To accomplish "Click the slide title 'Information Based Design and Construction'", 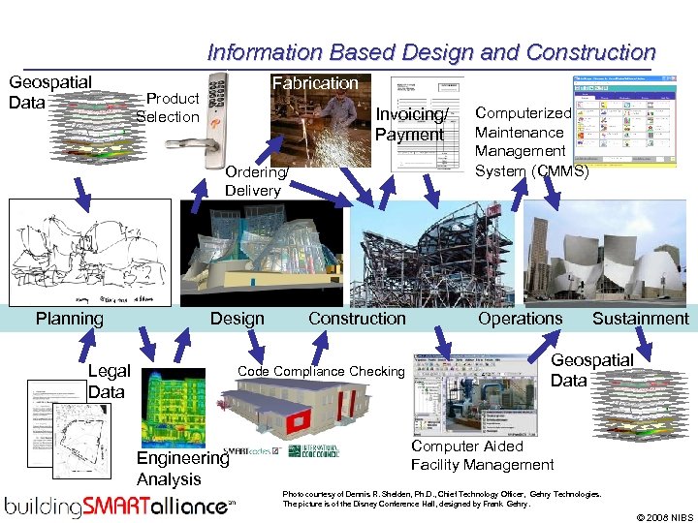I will pyautogui.click(x=431, y=52).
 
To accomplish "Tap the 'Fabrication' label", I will pyautogui.click(x=314, y=83).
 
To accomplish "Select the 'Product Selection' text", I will pyautogui.click(x=168, y=108).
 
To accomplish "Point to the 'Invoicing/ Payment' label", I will pyautogui.click(x=409, y=125).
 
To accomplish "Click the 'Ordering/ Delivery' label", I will pyautogui.click(x=254, y=181).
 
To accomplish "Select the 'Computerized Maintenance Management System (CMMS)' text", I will pyautogui.click(x=531, y=142).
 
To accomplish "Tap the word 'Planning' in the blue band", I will pyautogui.click(x=70, y=319).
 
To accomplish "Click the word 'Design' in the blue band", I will pyautogui.click(x=237, y=319).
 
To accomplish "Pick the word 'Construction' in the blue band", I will pyautogui.click(x=357, y=319).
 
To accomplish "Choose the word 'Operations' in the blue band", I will pyautogui.click(x=520, y=319).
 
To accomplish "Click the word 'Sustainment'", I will pyautogui.click(x=640, y=319).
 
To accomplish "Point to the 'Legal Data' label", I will pyautogui.click(x=108, y=382).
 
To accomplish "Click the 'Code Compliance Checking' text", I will pyautogui.click(x=321, y=372).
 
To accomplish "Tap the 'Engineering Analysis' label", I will pyautogui.click(x=181, y=469).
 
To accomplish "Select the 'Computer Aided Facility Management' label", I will pyautogui.click(x=482, y=455).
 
